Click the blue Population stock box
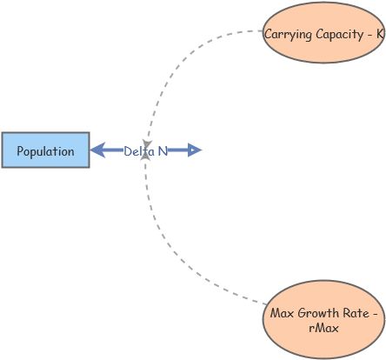tap(45, 150)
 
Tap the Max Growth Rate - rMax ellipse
tap(323, 319)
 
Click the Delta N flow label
tap(145, 150)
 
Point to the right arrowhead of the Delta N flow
tap(195, 150)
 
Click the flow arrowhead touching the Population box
tap(97, 150)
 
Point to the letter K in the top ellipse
tap(380, 34)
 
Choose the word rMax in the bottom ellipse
tap(323, 328)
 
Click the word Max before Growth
tap(283, 313)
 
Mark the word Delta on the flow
tap(137, 150)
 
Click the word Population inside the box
tap(45, 151)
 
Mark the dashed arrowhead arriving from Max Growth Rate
tap(146, 163)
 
